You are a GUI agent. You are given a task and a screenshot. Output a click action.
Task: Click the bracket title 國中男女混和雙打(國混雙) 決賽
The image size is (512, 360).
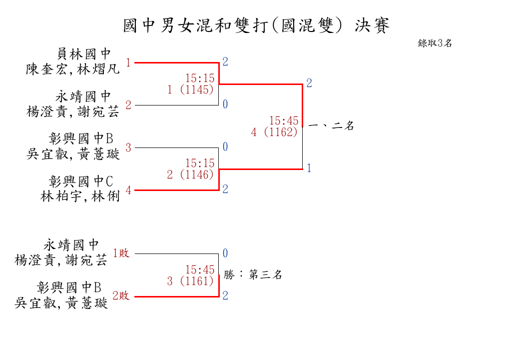[x=256, y=25]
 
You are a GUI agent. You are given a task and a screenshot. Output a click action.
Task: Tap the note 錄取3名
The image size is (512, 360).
[x=435, y=43]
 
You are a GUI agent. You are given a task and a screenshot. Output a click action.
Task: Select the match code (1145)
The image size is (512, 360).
[x=197, y=89]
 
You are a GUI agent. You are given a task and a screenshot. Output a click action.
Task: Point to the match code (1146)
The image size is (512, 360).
[x=197, y=174]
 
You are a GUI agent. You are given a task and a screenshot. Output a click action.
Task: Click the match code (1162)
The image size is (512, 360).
[x=281, y=132]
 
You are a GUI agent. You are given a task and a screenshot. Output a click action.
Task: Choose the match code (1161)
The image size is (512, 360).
[x=197, y=280]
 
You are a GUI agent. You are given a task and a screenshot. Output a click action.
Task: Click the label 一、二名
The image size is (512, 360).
[x=331, y=125]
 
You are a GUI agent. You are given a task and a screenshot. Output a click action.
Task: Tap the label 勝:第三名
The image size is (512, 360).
[x=253, y=274]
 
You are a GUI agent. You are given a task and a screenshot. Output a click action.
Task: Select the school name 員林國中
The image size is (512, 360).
[x=84, y=54]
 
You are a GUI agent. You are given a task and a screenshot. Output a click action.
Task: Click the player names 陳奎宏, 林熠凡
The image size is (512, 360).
[x=73, y=69]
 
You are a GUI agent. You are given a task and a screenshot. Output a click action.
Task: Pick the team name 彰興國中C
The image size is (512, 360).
[x=81, y=181]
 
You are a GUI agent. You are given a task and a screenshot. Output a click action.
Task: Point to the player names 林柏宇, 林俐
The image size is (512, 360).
[x=80, y=196]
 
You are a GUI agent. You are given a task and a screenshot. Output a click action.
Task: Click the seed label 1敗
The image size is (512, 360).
[x=121, y=253]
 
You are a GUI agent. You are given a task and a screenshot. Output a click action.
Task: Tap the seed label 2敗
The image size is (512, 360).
[x=121, y=295]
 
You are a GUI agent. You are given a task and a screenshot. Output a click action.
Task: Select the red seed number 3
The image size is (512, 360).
[x=128, y=147]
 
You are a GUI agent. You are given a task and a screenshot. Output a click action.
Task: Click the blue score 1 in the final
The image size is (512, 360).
[x=309, y=168]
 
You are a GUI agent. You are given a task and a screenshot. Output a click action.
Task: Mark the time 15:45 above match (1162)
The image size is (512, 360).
[x=284, y=120]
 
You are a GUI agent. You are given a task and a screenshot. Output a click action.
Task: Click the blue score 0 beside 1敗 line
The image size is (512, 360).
[x=225, y=253]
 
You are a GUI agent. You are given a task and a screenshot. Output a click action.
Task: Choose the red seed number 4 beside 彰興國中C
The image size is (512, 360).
[x=128, y=190]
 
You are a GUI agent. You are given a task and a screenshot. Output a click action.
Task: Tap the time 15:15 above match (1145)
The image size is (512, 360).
[x=200, y=78]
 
